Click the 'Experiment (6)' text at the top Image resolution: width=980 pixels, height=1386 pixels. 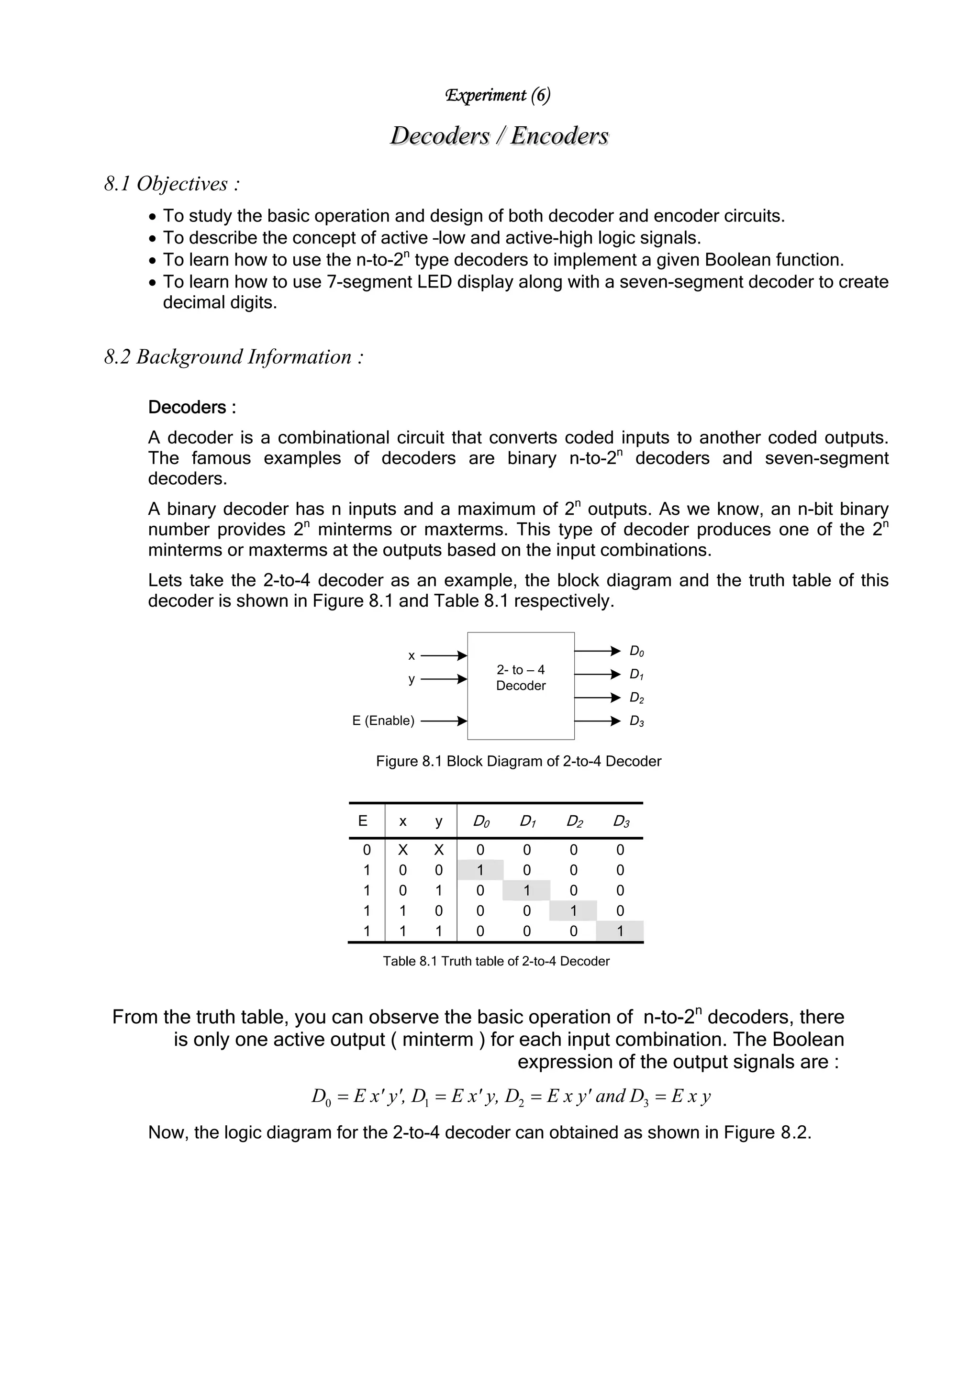498,95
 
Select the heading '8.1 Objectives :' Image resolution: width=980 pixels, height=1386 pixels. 172,184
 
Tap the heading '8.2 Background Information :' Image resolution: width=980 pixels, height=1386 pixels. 234,357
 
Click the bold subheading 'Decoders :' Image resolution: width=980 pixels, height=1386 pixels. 192,408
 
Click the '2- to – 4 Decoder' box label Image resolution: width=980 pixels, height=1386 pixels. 521,677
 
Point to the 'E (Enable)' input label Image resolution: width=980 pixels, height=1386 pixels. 383,721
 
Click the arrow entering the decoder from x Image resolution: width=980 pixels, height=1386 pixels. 444,655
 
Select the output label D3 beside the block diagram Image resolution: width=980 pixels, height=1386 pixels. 636,721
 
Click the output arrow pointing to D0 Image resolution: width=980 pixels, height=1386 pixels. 597,651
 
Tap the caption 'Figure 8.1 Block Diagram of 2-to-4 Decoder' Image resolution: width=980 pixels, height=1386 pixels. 518,761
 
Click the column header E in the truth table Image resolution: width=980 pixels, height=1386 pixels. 363,821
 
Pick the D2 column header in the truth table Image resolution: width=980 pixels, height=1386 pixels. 574,821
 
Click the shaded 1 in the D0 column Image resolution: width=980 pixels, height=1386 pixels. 480,870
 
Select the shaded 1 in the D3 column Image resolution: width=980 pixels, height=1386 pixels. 620,931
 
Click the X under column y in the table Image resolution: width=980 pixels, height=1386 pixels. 439,850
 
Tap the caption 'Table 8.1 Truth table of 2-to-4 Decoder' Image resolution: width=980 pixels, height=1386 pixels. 496,961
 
